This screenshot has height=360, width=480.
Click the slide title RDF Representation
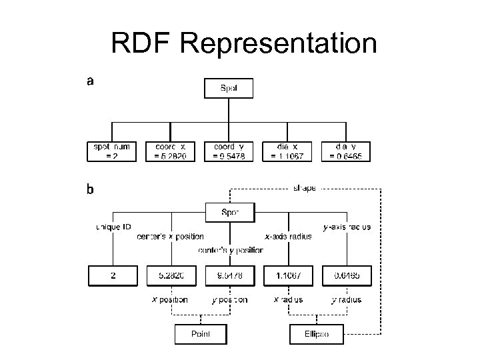243,44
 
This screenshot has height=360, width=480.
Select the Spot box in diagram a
228,87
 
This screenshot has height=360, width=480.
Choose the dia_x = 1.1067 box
287,151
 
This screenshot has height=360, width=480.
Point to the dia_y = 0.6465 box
345,151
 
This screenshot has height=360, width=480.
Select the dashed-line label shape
305,189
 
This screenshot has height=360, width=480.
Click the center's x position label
171,237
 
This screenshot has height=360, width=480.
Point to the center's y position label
231,251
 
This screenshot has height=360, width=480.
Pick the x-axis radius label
288,237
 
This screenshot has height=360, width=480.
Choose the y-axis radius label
347,227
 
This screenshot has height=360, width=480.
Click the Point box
200,333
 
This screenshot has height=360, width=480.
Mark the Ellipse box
317,333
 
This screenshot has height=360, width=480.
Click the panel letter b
90,189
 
